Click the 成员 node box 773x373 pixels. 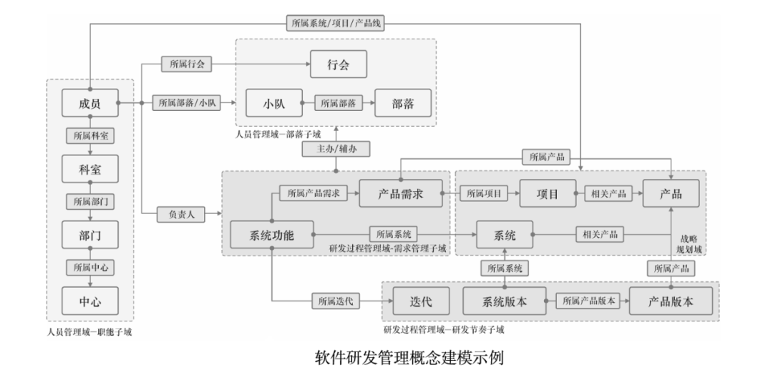(x=89, y=102)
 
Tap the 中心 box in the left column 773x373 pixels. (x=89, y=301)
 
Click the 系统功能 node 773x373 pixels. (x=273, y=233)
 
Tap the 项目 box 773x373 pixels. (x=548, y=193)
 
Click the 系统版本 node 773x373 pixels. (x=505, y=301)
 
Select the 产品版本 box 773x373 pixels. (x=671, y=301)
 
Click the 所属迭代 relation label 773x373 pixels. (x=335, y=301)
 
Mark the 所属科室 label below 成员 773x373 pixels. (x=89, y=135)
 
